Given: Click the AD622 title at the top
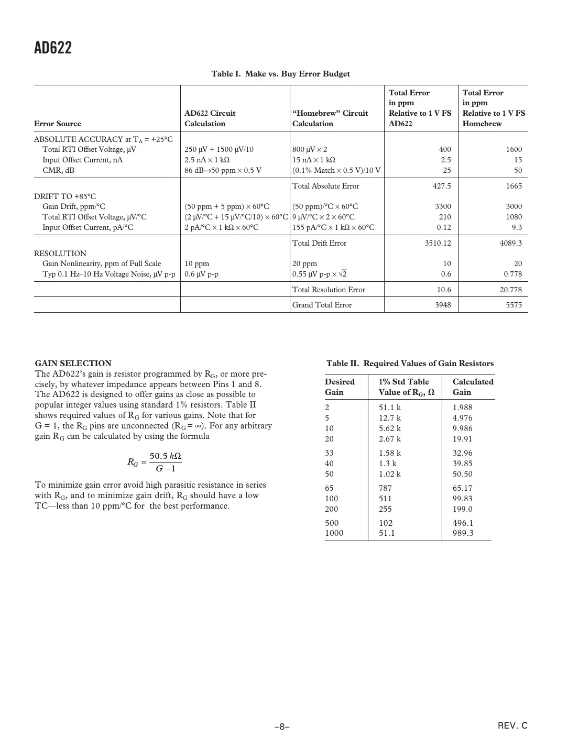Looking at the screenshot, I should [x=53, y=48].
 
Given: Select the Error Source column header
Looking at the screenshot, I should [x=58, y=124].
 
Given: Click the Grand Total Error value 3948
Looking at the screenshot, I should [x=443, y=305].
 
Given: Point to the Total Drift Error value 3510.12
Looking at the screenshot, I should [x=438, y=243].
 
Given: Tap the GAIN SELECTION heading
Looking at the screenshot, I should [x=73, y=364].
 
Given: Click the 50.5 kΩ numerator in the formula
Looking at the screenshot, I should [x=166, y=456].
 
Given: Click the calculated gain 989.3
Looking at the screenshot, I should [x=463, y=533].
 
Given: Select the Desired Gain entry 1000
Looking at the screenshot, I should [x=334, y=533].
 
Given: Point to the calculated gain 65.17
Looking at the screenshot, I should [x=462, y=488].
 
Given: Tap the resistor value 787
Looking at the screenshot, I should [x=385, y=488].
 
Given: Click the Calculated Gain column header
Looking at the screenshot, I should [x=473, y=387].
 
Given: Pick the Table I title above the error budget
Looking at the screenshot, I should [x=280, y=74].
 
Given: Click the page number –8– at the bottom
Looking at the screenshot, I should [x=282, y=726].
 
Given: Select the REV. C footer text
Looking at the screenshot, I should [x=512, y=725].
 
